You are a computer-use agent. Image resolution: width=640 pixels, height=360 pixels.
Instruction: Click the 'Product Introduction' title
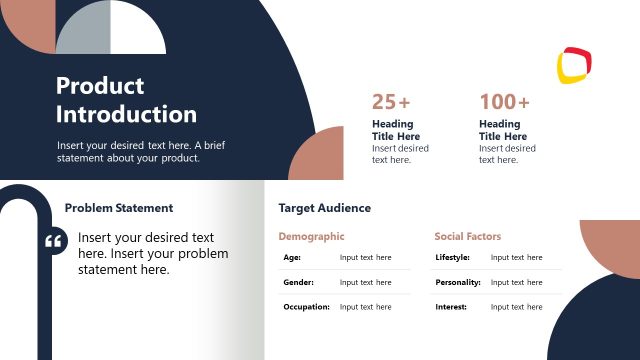[x=126, y=100]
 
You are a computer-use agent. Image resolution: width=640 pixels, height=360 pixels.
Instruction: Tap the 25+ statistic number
[x=391, y=102]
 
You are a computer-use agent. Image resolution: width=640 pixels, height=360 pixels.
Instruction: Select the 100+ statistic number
[x=504, y=102]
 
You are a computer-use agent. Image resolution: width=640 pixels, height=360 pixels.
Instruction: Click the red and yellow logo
[x=574, y=65]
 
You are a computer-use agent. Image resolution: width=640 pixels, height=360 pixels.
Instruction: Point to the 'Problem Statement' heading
[x=118, y=208]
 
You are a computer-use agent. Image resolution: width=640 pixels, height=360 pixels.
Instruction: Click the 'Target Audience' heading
[x=324, y=208]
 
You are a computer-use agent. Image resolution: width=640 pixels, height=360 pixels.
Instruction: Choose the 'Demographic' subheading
[x=311, y=237]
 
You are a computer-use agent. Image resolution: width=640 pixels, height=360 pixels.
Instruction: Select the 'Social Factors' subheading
[x=467, y=237]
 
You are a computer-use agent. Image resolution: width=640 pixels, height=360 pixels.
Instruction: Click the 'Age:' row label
[x=292, y=257]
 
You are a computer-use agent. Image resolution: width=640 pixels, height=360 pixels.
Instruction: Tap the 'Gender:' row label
[x=297, y=282]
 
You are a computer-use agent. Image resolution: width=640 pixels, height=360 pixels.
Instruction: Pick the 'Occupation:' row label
[x=306, y=307]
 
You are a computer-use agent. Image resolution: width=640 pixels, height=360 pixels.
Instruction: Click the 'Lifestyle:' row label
[x=452, y=257]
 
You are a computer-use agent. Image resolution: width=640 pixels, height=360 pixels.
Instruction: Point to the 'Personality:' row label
[x=457, y=282]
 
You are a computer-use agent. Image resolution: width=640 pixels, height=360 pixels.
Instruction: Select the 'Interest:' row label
[x=451, y=307]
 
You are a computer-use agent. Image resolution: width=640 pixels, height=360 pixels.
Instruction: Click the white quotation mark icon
[x=55, y=242]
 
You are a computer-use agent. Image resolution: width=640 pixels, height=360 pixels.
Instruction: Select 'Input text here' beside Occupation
[x=365, y=307]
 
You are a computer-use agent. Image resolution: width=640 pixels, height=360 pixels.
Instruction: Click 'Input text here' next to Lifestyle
[x=516, y=257]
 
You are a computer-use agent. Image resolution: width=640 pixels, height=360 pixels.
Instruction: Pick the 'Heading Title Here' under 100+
[x=502, y=130]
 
